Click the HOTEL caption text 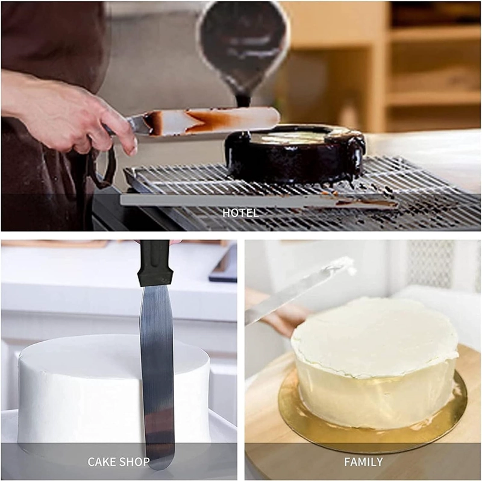[240, 213]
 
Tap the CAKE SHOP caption [119, 462]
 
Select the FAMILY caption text [363, 462]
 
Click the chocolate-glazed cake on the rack [295, 154]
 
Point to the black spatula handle [155, 263]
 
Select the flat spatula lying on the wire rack [258, 201]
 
